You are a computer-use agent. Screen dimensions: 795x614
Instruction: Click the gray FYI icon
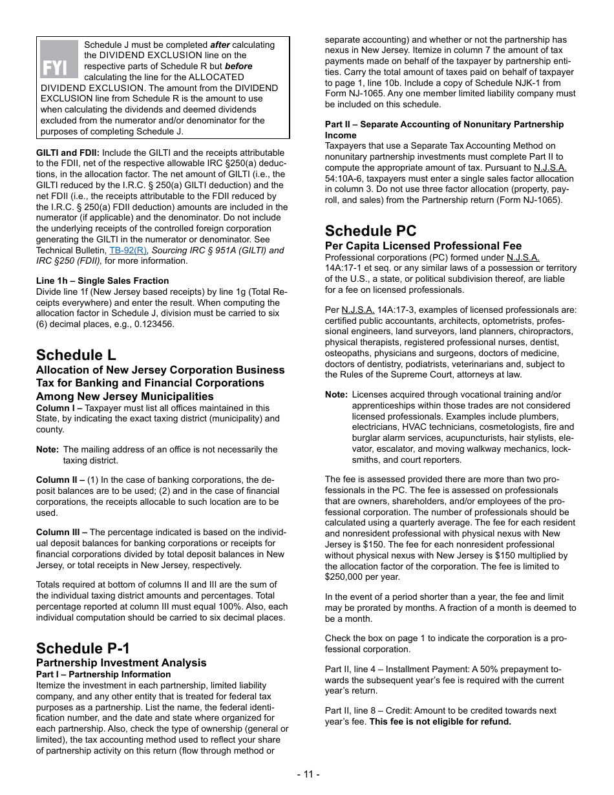(59, 59)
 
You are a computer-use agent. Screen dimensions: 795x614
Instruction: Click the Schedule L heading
(76, 355)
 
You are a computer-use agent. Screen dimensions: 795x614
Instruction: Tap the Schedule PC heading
(370, 231)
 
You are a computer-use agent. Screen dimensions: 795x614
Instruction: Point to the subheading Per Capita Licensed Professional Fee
(423, 246)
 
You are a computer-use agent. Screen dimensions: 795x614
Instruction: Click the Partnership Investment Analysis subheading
(121, 662)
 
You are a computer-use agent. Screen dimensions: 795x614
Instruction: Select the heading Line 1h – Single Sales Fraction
(102, 281)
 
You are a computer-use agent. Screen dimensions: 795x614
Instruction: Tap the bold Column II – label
(60, 480)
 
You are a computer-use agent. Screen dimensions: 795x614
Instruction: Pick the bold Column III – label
(61, 532)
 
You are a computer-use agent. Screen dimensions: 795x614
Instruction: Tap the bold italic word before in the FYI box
(238, 66)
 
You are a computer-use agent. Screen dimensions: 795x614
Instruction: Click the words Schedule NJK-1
(500, 83)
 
